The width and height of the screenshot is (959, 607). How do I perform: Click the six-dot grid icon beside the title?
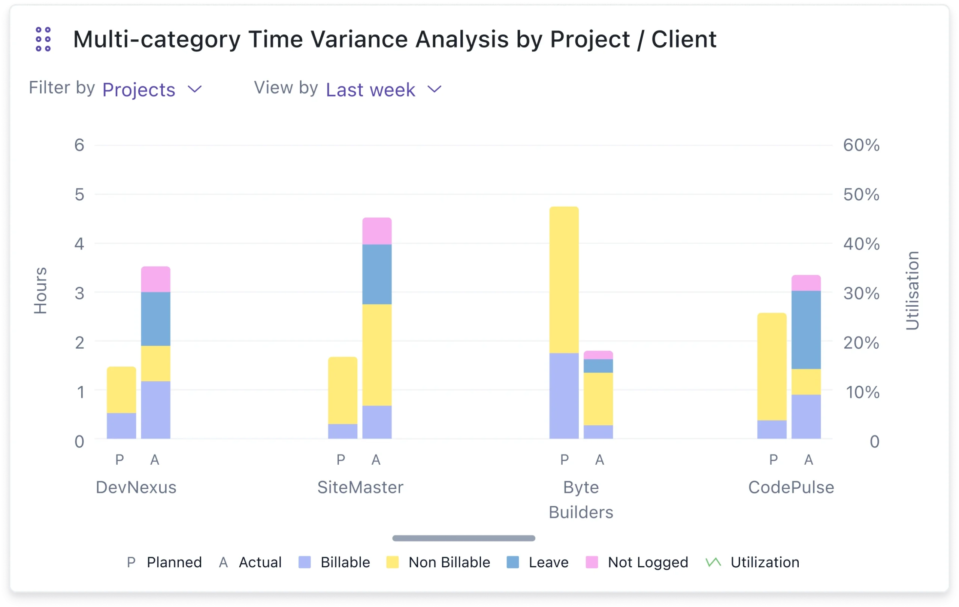[43, 39]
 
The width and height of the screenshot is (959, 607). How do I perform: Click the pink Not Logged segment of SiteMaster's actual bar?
[377, 231]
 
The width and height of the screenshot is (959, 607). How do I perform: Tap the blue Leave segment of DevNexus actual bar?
[156, 319]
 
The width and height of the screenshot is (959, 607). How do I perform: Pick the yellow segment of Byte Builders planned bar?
[564, 280]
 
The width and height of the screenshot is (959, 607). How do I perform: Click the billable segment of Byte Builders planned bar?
[564, 396]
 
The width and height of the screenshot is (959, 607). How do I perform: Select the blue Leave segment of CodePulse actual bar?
[806, 330]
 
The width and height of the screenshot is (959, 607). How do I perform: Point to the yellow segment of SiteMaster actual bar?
[377, 355]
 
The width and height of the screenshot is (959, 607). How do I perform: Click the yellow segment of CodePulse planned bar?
[771, 367]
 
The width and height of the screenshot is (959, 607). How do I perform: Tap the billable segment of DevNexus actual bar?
[156, 410]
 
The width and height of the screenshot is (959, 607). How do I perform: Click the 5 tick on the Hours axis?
[80, 195]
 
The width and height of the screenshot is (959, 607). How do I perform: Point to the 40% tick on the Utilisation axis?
[861, 244]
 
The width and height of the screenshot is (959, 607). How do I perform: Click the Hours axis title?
[40, 291]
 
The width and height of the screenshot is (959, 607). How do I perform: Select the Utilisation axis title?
[912, 291]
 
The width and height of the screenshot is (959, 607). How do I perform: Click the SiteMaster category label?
[360, 487]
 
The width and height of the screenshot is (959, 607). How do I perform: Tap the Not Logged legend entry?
[637, 562]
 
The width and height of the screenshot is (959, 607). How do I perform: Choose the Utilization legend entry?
[752, 562]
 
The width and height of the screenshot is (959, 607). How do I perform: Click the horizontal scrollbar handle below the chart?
[463, 538]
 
